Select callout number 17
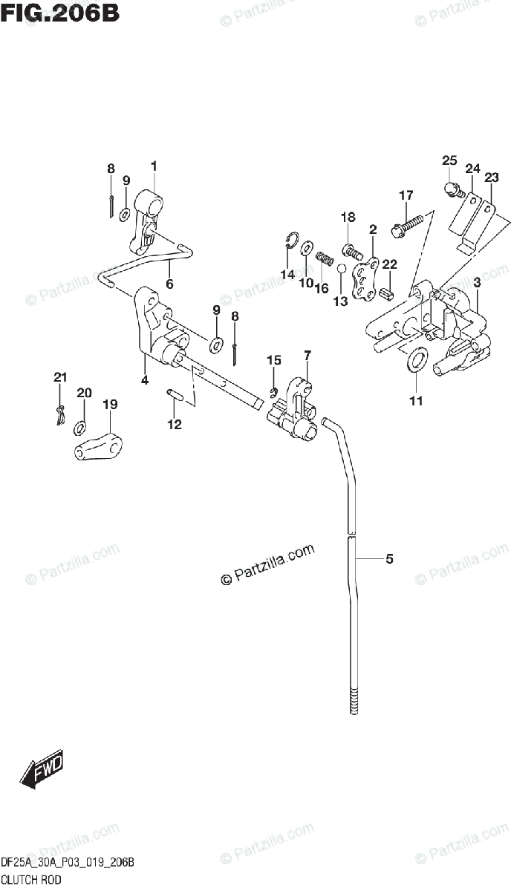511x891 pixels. pyautogui.click(x=406, y=196)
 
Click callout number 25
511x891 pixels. pyautogui.click(x=449, y=160)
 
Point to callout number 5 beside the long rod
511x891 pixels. pyautogui.click(x=388, y=559)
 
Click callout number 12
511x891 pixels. pyautogui.click(x=174, y=425)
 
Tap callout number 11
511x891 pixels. pyautogui.click(x=416, y=402)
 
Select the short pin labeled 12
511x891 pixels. pyautogui.click(x=176, y=394)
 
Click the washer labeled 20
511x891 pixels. pyautogui.click(x=79, y=428)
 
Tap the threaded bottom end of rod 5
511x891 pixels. pyautogui.click(x=353, y=702)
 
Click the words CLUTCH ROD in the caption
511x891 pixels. pyautogui.click(x=30, y=878)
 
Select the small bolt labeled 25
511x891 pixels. pyautogui.click(x=454, y=190)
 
